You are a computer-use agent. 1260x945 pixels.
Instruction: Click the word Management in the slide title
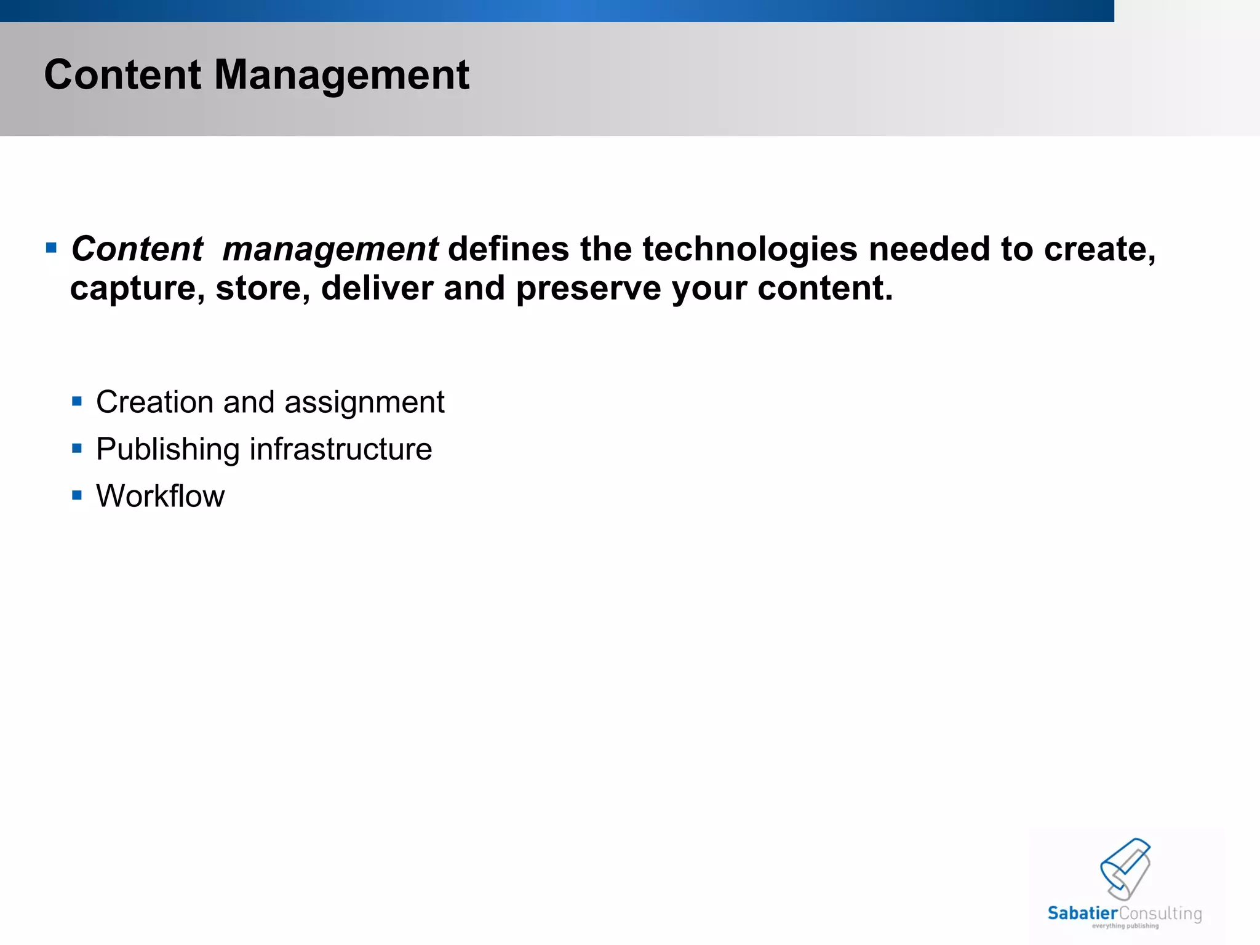341,75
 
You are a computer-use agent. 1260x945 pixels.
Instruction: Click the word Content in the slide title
122,75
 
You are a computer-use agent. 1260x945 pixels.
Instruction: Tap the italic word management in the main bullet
330,249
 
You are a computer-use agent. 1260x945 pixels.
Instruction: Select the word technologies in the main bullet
749,249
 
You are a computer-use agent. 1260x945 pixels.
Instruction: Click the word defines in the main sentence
508,249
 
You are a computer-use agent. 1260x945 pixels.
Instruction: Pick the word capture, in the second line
137,288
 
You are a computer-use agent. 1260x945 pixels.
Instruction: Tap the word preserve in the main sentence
588,288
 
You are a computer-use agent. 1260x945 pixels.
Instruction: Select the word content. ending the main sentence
824,288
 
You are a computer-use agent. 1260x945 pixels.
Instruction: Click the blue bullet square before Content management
51,249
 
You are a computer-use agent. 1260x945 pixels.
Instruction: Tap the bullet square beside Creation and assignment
77,402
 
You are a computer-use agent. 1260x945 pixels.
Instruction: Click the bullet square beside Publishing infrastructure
77,449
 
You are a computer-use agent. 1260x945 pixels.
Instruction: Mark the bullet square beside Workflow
77,495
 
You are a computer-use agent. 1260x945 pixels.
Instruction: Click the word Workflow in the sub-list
161,496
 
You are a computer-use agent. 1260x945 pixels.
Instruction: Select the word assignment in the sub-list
364,402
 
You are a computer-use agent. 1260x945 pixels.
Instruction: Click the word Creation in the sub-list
154,402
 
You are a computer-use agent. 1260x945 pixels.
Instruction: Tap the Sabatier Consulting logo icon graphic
1125,868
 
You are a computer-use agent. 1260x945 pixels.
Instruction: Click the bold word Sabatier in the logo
1082,913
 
